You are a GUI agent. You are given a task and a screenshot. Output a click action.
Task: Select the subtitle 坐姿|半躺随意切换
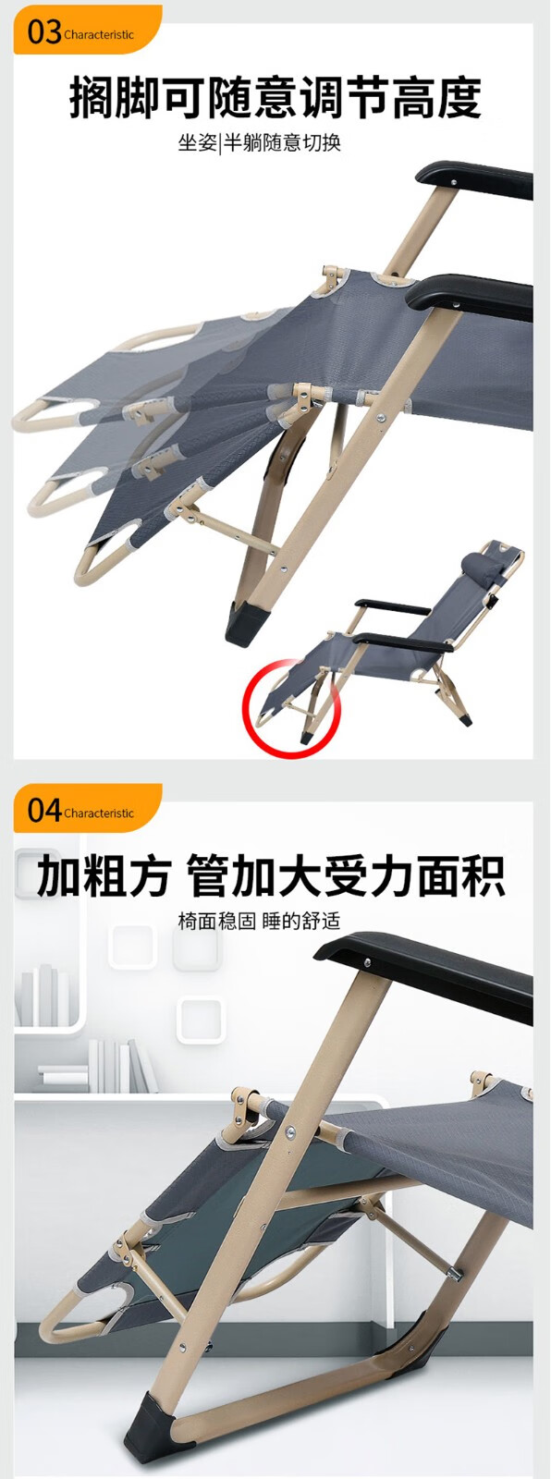coord(259,142)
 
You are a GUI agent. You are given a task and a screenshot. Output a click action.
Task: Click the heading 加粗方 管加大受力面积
coord(271,876)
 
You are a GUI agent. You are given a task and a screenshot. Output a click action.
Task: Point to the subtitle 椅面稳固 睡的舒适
coord(259,921)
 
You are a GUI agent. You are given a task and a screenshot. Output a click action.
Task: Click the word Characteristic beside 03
coord(98,35)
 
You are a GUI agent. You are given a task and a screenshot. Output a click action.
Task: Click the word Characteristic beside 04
coord(98,813)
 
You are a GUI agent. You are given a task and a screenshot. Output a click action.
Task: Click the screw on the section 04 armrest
coord(364,962)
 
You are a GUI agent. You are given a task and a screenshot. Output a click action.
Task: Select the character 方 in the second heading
coord(150,876)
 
